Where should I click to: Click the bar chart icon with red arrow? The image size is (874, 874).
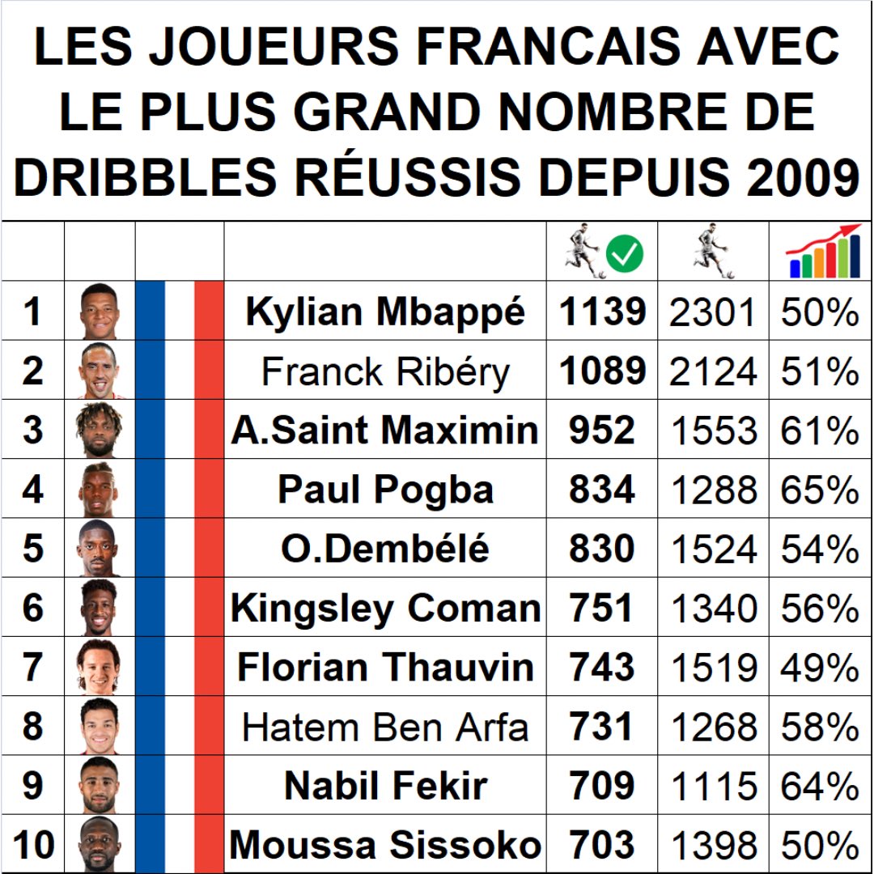[x=822, y=252]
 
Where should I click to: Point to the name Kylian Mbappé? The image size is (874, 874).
[x=385, y=312]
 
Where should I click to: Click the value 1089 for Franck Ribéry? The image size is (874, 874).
[x=603, y=371]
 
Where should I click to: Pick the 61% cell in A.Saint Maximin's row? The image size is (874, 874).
[x=820, y=431]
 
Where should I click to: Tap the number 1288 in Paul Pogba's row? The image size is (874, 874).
[x=714, y=490]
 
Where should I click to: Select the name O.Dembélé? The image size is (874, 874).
[x=385, y=549]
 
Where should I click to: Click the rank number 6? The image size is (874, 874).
[x=32, y=609]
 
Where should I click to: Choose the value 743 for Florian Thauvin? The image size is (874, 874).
[x=601, y=668]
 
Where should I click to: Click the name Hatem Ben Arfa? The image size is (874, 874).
[x=385, y=727]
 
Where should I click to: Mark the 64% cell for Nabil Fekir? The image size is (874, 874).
[x=820, y=787]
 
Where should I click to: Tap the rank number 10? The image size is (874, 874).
[x=32, y=846]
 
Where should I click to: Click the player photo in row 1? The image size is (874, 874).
[x=100, y=312]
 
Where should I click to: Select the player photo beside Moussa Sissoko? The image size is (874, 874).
[x=100, y=846]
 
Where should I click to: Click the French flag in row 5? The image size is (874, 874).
[x=179, y=549]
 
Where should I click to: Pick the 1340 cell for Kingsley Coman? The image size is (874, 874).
[x=714, y=609]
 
